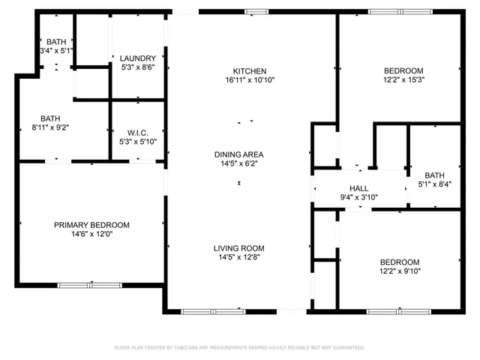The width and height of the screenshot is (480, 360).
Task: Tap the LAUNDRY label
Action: coord(138,58)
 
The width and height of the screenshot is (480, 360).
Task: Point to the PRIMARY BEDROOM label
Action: coord(91,225)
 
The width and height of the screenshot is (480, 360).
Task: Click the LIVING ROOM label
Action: coord(238,248)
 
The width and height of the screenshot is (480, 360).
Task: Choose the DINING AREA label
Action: coord(238,154)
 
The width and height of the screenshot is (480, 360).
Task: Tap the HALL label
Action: coord(358,189)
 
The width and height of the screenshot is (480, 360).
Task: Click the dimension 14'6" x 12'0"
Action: coord(91,234)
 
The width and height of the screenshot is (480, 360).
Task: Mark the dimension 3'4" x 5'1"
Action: coord(56,51)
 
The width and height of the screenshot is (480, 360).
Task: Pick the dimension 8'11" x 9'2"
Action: coord(50,127)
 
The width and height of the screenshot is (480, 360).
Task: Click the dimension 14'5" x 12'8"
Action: coord(238,257)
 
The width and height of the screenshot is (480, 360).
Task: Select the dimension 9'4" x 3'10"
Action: coord(358,198)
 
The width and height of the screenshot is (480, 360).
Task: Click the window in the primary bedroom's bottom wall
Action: coord(89,284)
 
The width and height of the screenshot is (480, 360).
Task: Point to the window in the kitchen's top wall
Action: coord(257,10)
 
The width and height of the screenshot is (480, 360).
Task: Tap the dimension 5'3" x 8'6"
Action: coord(138,67)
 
